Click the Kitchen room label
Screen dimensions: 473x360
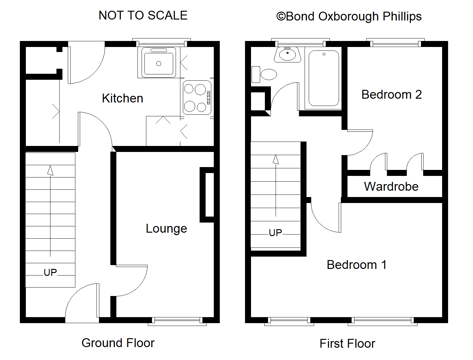click(x=122, y=98)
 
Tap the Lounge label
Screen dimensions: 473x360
click(x=166, y=229)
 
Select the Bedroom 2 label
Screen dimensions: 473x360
click(x=391, y=95)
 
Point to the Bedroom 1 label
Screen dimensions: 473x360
click(x=356, y=265)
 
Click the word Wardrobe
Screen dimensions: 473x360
click(x=391, y=187)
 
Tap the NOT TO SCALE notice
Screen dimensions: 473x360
click(x=143, y=15)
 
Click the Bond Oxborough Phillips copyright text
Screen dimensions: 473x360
click(x=349, y=16)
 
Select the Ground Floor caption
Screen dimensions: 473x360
click(x=118, y=343)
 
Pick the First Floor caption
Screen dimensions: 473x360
click(x=347, y=344)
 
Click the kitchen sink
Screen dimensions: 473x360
click(x=159, y=62)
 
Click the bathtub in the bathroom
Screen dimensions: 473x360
click(x=324, y=78)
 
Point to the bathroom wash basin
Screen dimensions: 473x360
click(x=287, y=55)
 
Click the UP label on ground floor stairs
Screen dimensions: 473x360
click(x=50, y=272)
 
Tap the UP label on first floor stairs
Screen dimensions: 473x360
click(x=275, y=233)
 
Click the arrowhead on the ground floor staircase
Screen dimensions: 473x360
click(x=50, y=171)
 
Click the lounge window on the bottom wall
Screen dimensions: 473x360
click(x=177, y=321)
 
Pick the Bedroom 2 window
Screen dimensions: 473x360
click(x=395, y=43)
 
